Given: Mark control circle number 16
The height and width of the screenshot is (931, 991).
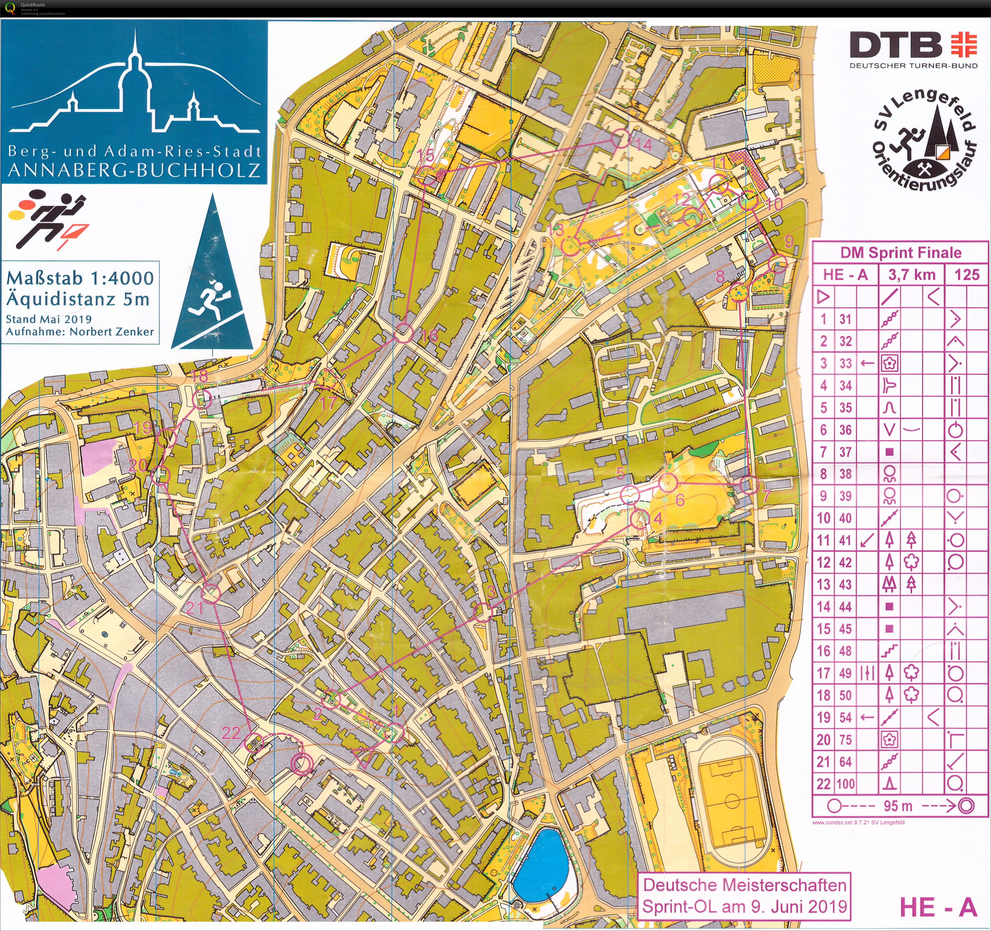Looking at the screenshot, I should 404,334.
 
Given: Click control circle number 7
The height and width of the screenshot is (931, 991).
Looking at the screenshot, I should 748,485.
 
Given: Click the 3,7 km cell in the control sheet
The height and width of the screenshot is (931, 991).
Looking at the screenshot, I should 912,275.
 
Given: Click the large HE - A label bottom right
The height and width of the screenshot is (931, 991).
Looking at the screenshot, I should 937,907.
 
